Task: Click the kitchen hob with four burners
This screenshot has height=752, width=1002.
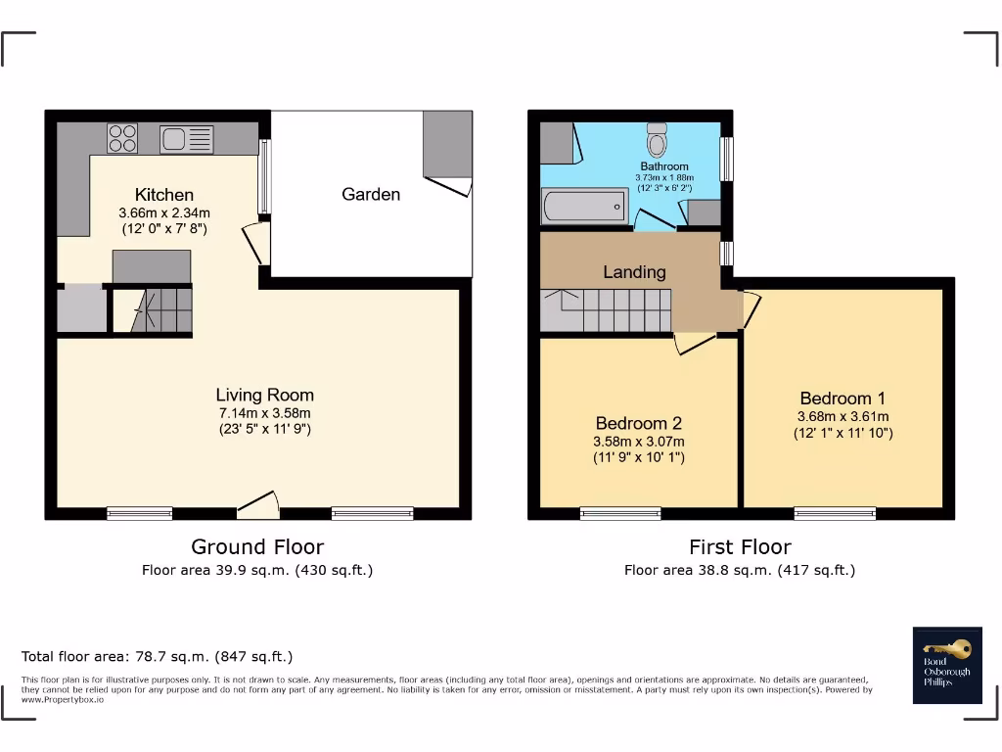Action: tap(122, 138)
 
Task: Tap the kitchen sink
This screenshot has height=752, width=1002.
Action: tap(186, 139)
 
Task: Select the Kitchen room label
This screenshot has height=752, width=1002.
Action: tap(163, 195)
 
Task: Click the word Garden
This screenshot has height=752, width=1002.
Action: tap(371, 194)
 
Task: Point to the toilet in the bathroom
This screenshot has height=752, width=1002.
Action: tap(657, 140)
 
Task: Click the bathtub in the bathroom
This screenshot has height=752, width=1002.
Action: tap(584, 206)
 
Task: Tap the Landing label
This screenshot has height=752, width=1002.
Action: tap(634, 271)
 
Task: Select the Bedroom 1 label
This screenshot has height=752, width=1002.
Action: tap(843, 398)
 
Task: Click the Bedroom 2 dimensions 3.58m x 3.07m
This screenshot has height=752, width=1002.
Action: tap(639, 442)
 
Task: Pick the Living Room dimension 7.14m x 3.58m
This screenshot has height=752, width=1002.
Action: tap(265, 413)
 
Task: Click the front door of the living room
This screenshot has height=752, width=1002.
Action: tap(258, 505)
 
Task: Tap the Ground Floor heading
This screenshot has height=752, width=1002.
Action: tap(257, 546)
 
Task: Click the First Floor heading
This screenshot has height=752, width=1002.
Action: tap(740, 546)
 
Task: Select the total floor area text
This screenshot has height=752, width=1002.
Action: tap(157, 656)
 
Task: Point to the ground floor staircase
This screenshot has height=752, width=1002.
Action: tap(161, 310)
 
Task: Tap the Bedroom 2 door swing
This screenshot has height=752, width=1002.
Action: tap(694, 342)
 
